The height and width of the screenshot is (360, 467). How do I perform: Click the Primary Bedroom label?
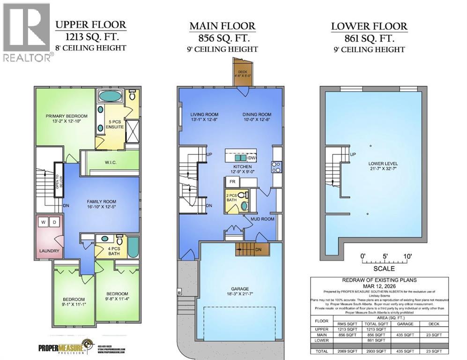pyautogui.click(x=67, y=116)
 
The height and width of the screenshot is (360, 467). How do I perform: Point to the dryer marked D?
pyautogui.click(x=54, y=222)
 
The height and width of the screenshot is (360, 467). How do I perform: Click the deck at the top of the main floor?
pyautogui.click(x=243, y=74)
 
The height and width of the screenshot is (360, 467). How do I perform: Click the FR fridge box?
pyautogui.click(x=231, y=182)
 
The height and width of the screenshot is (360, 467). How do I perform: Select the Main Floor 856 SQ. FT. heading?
pyautogui.click(x=222, y=37)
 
